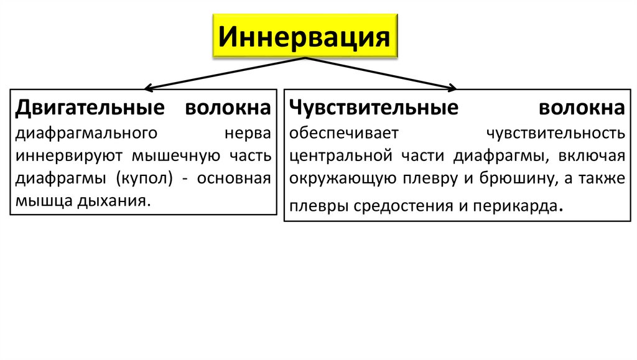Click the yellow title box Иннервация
(304, 36)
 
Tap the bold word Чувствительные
(373, 108)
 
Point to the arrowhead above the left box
(149, 86)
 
